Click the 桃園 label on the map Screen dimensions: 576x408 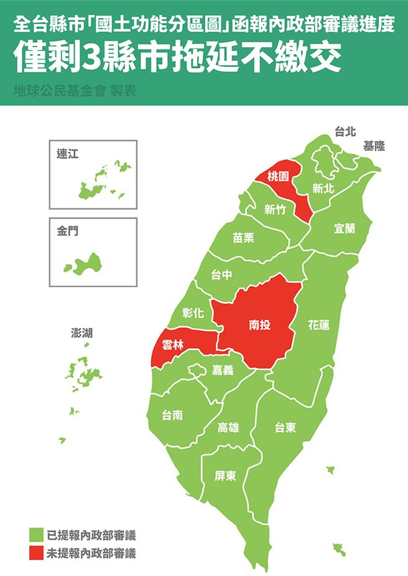[x=278, y=176]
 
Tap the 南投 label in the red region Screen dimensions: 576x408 [x=259, y=324]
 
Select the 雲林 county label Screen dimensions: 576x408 [x=172, y=345]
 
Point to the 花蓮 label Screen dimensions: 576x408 [x=318, y=324]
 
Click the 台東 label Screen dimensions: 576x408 [x=285, y=427]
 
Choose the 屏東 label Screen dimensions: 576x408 [x=225, y=476]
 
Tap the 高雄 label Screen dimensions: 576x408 [x=228, y=427]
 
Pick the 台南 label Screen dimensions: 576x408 [x=172, y=415]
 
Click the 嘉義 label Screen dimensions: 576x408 [x=223, y=370]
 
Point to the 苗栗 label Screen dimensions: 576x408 [x=243, y=237]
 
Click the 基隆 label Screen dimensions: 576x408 [x=374, y=146]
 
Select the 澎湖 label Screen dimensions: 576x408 [x=82, y=333]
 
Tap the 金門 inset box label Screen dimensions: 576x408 [x=67, y=231]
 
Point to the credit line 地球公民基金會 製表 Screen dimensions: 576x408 [x=75, y=90]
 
